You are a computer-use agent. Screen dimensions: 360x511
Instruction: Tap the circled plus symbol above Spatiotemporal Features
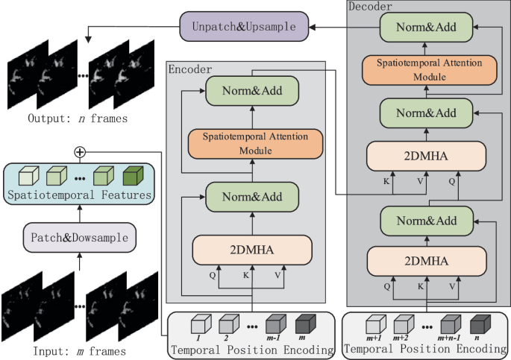tap(80, 152)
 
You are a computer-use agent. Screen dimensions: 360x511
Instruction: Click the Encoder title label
tap(191, 69)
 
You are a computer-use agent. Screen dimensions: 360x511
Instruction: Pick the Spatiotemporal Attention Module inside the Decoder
tap(425, 69)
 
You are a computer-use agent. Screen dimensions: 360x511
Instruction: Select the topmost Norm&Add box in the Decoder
tap(425, 26)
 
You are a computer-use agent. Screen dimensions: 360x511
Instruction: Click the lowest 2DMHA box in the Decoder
tap(425, 261)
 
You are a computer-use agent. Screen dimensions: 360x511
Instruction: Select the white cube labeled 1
tap(198, 326)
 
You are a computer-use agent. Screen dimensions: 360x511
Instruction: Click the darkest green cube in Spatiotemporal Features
tap(133, 177)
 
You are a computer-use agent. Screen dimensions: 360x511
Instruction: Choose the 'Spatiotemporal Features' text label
tap(79, 195)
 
